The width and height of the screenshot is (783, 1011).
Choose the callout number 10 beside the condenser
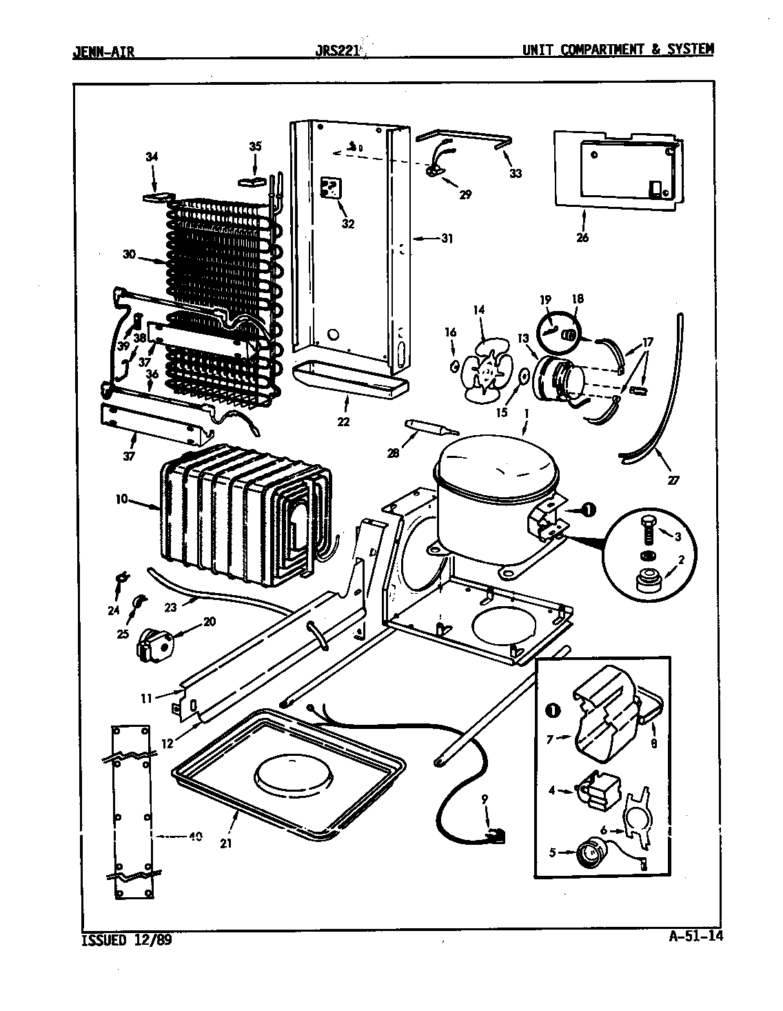click(x=121, y=499)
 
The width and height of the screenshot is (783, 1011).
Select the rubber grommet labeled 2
click(x=649, y=582)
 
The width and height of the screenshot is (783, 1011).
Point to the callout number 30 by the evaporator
click(x=129, y=254)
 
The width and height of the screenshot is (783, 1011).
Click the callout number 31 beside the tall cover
click(x=447, y=239)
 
